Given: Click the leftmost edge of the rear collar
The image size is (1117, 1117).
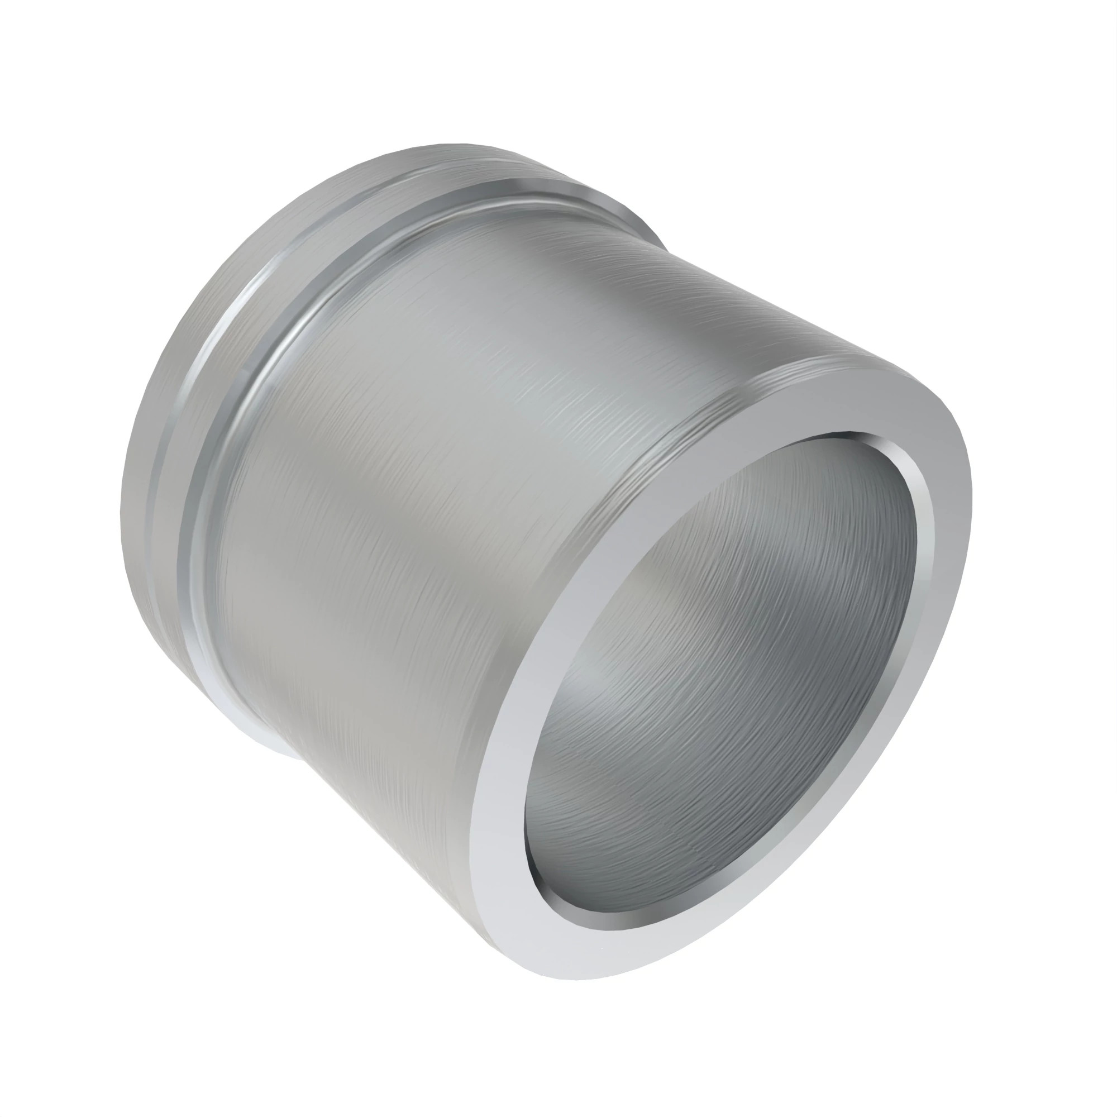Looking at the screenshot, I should click(122, 521).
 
